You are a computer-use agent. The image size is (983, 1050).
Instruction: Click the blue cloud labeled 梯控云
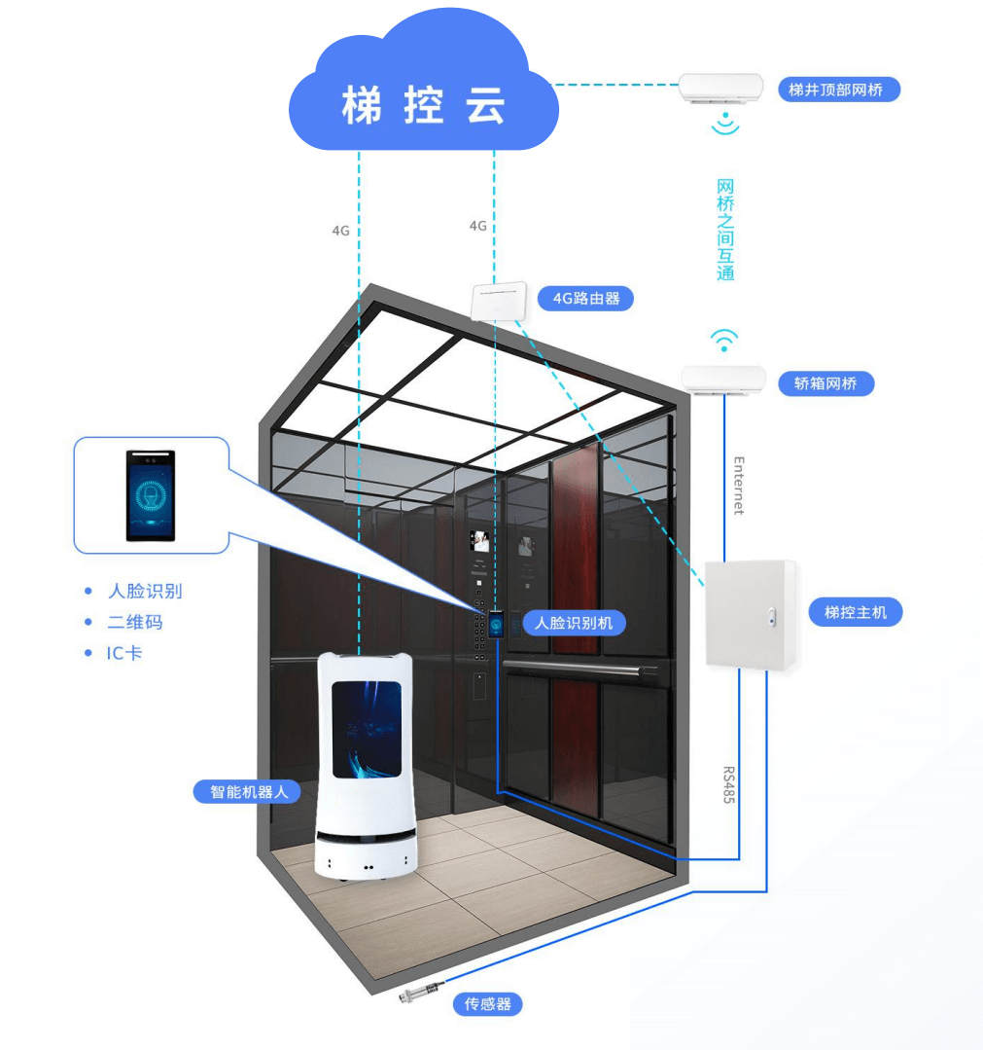pos(424,97)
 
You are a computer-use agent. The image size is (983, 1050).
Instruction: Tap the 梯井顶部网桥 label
pos(839,90)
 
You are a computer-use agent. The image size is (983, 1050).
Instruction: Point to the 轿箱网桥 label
pos(826,383)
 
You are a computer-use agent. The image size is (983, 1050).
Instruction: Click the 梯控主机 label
pos(856,612)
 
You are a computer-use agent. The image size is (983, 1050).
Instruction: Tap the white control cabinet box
pos(750,613)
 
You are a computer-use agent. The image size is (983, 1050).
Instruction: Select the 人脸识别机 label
pos(574,622)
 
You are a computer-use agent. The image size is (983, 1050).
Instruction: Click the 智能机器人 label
pos(250,791)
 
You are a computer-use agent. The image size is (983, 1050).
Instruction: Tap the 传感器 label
pos(487,1003)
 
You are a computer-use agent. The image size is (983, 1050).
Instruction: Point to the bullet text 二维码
pos(134,622)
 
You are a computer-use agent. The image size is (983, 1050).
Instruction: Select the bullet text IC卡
pos(124,653)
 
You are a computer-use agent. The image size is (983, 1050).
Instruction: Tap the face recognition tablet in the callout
pos(151,495)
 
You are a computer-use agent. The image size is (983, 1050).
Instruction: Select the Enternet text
pos(738,485)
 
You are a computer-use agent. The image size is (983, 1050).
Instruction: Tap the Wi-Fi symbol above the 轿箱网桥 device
pos(723,340)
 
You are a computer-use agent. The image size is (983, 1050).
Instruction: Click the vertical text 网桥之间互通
pos(724,230)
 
